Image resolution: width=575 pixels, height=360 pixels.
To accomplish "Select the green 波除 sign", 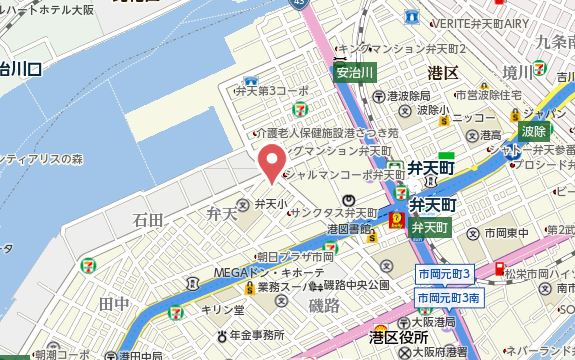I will click(x=533, y=131).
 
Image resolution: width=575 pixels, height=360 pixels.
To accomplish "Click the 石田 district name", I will click(x=147, y=218).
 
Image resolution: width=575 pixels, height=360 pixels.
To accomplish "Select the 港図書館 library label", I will click(x=349, y=229).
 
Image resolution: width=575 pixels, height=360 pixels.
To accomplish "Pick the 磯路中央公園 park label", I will click(x=356, y=286).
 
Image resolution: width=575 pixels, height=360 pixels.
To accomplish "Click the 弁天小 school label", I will click(x=270, y=204).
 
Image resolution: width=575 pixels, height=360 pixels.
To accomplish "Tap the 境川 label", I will click(x=518, y=72).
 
